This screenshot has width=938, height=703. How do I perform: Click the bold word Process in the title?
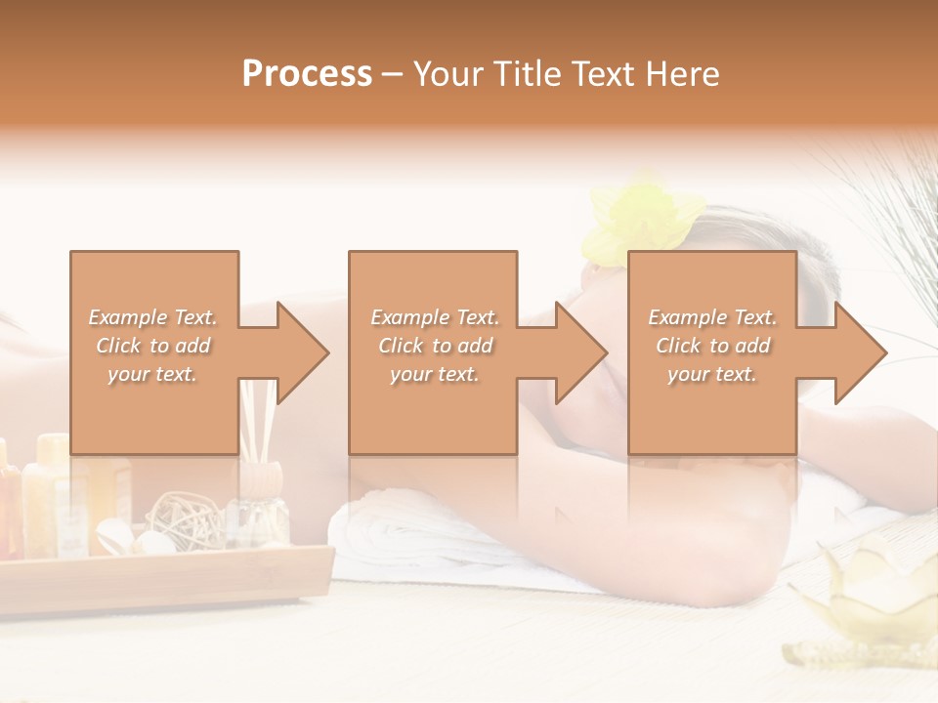click(x=307, y=74)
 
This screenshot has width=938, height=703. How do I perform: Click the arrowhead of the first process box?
click(x=303, y=352)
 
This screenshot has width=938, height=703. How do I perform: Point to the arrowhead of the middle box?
click(x=581, y=352)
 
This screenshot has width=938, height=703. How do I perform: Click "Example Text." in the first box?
click(x=152, y=317)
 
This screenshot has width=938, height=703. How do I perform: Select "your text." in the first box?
click(x=152, y=374)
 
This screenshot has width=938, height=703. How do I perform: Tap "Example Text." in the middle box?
click(x=435, y=317)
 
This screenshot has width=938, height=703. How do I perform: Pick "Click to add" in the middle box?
click(x=435, y=346)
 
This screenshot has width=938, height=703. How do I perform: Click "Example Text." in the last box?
click(x=712, y=317)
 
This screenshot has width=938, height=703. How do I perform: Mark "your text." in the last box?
click(x=712, y=374)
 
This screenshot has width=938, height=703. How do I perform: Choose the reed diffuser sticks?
click(x=259, y=420)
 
